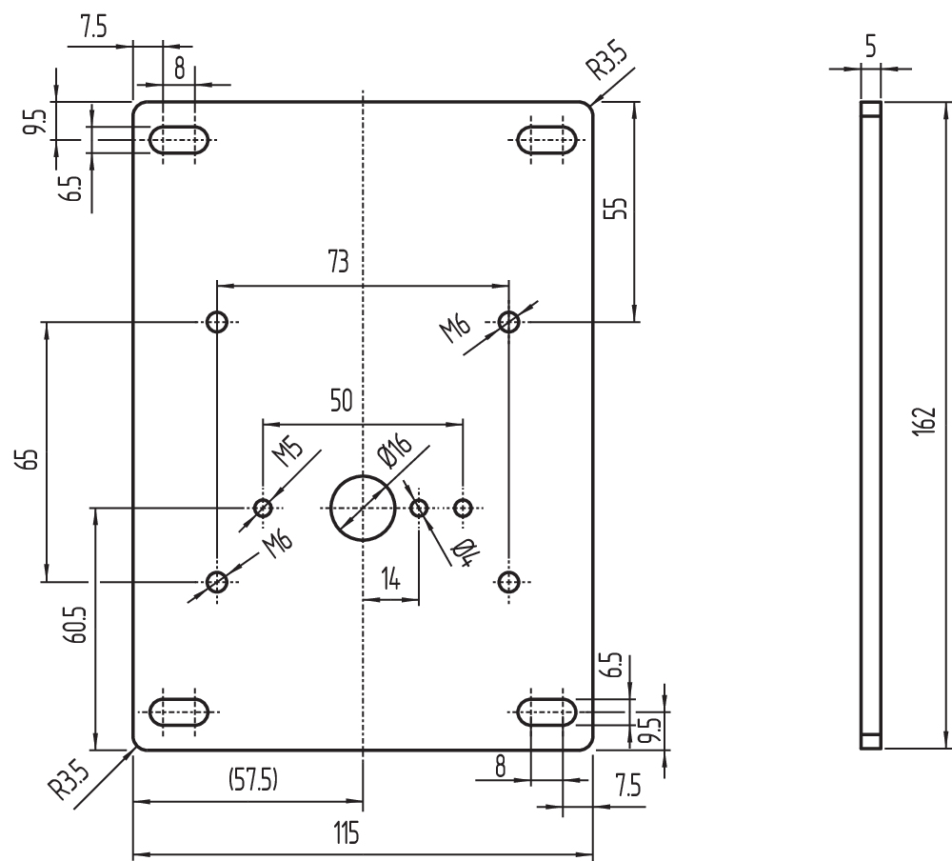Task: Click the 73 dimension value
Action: (338, 263)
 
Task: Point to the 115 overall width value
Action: (346, 834)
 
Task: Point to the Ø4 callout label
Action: (464, 551)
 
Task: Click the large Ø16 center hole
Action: (363, 508)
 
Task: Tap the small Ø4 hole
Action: (418, 508)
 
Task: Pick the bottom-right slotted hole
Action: (546, 711)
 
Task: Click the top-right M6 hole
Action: (509, 322)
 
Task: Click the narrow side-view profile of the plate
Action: (871, 424)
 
